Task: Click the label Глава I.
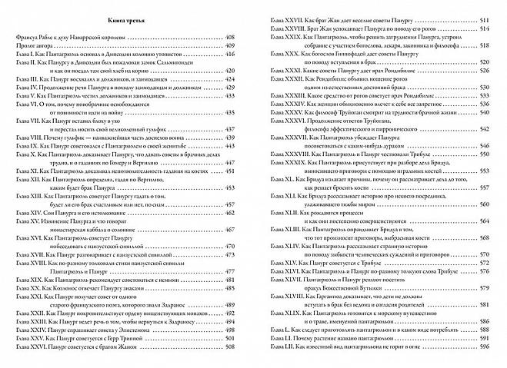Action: pos(25,56)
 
